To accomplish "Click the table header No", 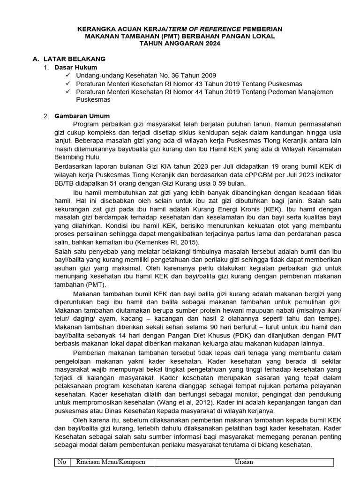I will tap(61, 462).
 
